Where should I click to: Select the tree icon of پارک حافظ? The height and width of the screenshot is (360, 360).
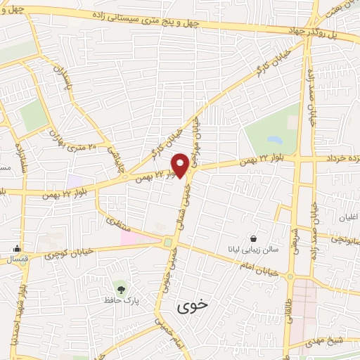point(121,288)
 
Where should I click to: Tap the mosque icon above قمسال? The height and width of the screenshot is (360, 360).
point(17,247)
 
